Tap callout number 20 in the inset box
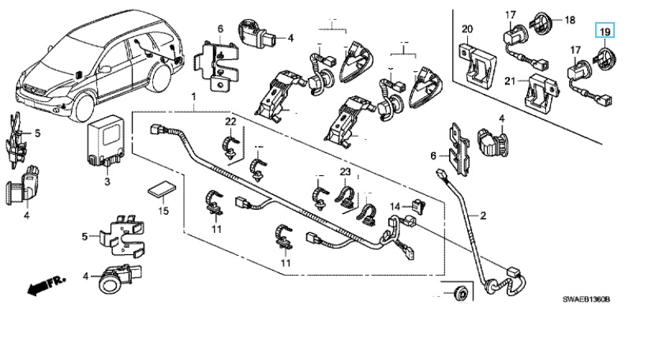(466, 30)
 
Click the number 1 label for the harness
(192, 96)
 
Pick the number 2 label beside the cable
(483, 215)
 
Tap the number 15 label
(163, 212)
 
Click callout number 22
(230, 120)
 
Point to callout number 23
(345, 172)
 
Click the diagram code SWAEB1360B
(588, 300)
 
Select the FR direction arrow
(41, 286)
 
